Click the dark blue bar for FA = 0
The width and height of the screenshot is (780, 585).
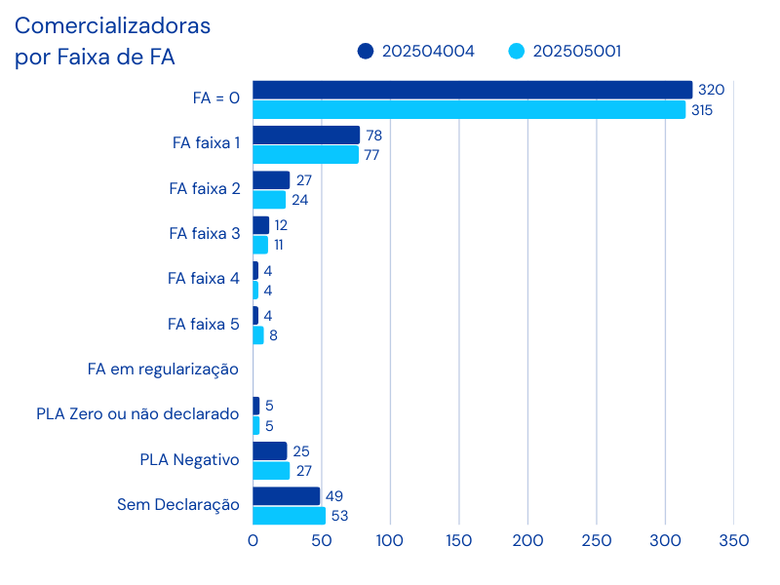point(473,90)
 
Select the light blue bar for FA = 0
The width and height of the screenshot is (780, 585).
point(470,110)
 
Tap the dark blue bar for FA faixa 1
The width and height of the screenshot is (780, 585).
point(306,135)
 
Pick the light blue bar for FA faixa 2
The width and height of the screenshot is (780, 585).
point(270,200)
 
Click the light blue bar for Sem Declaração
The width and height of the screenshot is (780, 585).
point(290,516)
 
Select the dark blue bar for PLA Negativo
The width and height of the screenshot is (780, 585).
point(270,450)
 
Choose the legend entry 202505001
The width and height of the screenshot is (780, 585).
point(565,52)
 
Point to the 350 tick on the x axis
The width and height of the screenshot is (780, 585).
point(733,540)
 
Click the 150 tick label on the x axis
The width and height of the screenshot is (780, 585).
point(459,540)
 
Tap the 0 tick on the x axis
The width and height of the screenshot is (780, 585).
point(253,540)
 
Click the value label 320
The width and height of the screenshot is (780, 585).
point(712,90)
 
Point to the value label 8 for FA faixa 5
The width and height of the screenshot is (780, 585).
point(273,335)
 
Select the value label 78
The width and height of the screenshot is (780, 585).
point(373,136)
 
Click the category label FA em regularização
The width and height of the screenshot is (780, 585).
point(164,370)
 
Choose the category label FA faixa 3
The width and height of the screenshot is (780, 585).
point(204,234)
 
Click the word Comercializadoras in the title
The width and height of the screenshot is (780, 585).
point(112,25)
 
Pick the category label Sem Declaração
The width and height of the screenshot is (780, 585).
point(178,504)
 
